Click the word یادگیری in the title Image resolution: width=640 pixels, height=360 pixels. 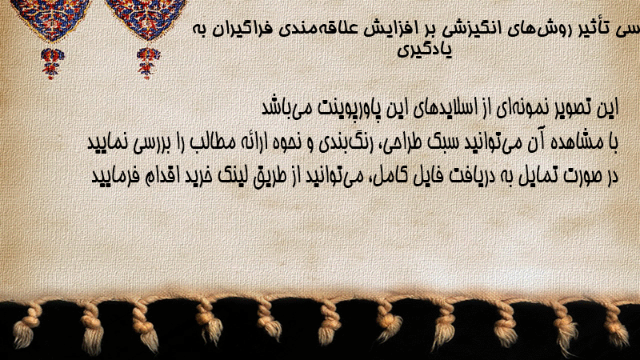(x=425, y=50)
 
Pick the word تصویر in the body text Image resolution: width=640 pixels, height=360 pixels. (x=576, y=108)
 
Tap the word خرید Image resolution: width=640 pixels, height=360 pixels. (x=198, y=176)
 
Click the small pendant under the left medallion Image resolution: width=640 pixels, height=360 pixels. (x=51, y=63)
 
